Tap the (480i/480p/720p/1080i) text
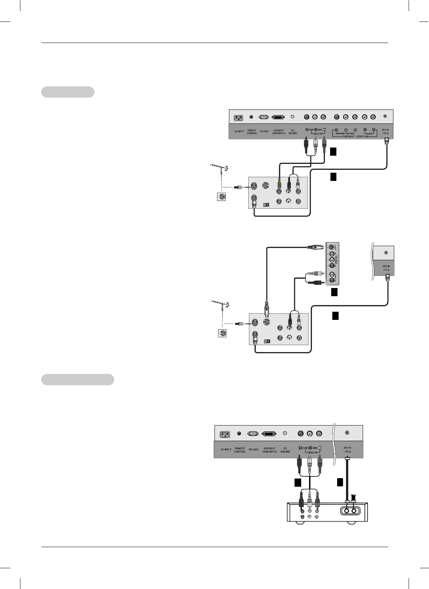click(345, 133)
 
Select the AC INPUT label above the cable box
click(226, 449)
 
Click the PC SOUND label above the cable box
click(285, 450)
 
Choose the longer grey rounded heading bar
click(77, 380)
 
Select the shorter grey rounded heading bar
click(67, 92)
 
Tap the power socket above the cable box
click(225, 434)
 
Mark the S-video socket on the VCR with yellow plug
click(266, 185)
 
